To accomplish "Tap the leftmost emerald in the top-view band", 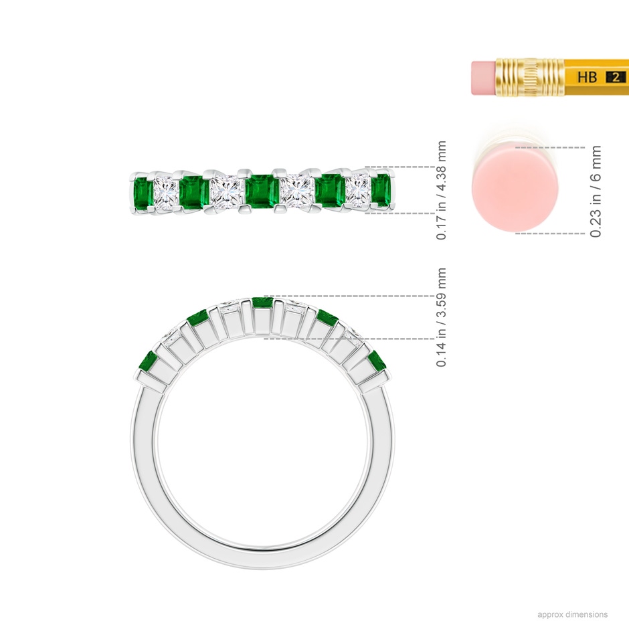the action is (x=143, y=192).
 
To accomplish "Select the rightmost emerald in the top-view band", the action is (x=381, y=190).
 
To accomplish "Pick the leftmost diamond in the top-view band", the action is (x=166, y=193).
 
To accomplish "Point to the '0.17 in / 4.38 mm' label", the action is (x=441, y=190).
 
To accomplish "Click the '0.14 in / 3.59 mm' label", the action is (x=441, y=317).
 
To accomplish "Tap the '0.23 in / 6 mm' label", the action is (x=596, y=191).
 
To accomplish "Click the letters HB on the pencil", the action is (x=588, y=77).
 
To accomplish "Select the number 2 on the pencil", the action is (x=616, y=77).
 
